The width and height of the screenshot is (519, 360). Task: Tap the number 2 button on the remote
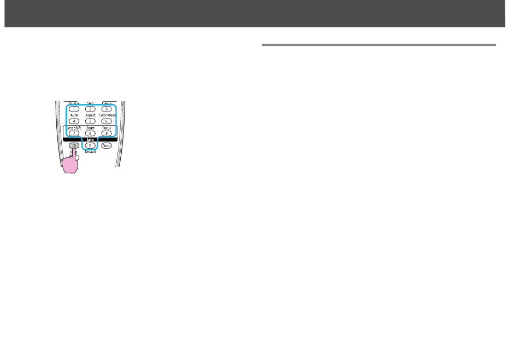click(90, 109)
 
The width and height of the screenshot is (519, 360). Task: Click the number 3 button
click(107, 109)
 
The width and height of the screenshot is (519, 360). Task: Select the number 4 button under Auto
click(74, 121)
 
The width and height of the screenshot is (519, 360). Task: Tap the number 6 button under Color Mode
click(107, 121)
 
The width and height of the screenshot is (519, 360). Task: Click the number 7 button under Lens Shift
click(74, 133)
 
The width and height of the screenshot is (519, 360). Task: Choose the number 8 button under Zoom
click(90, 133)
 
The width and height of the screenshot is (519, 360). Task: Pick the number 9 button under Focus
click(107, 133)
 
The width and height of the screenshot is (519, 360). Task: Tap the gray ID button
click(74, 146)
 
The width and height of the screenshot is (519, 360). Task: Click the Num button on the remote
click(107, 146)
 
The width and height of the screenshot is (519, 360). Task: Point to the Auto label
click(74, 115)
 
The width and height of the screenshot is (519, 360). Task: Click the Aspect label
click(90, 115)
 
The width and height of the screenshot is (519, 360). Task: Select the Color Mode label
click(107, 115)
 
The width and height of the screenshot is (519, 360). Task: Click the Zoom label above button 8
click(90, 128)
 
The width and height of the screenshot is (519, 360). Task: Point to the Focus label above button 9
click(107, 128)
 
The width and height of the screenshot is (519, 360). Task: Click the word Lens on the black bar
click(90, 140)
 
